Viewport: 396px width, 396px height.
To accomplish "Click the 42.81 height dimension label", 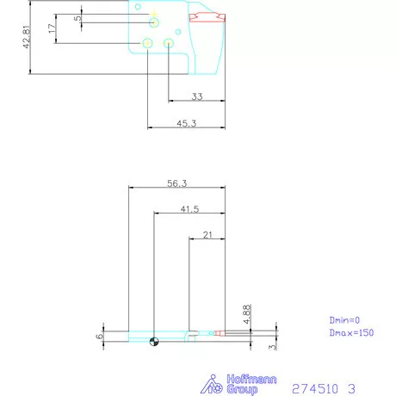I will click(x=28, y=37).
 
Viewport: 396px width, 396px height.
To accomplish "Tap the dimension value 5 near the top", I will click(x=77, y=17).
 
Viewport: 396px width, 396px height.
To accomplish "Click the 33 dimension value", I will click(x=197, y=96).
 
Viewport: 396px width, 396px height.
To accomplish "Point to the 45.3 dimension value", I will click(x=187, y=124).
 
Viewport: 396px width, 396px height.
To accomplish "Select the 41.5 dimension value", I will click(x=190, y=208).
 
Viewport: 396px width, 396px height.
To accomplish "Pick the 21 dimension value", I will click(x=207, y=234).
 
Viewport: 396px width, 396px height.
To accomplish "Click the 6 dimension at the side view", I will click(x=100, y=336).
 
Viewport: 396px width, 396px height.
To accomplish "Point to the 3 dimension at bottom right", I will click(x=272, y=347).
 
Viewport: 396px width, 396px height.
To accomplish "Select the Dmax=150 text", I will click(x=351, y=332).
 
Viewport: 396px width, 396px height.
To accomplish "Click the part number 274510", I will click(x=317, y=387).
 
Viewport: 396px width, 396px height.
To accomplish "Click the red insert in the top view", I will click(x=207, y=17).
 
